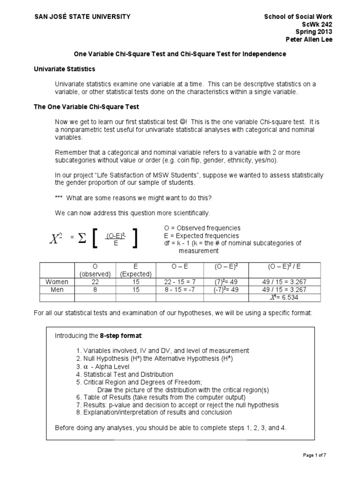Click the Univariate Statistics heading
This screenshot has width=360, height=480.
[64, 69]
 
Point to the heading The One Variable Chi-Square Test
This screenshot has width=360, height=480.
[86, 107]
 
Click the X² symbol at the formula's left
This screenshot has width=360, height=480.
[56, 240]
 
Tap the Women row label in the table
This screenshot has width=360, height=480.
[57, 282]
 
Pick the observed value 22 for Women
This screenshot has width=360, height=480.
[96, 282]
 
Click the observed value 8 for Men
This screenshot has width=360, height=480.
[96, 290]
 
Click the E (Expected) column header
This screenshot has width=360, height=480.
[136, 270]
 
